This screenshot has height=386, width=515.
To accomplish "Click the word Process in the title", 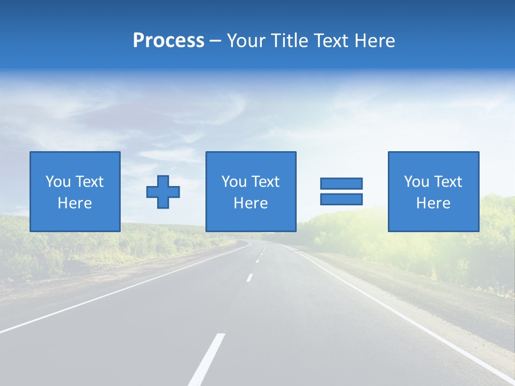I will [168, 41].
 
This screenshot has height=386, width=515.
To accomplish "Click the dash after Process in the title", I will [215, 41].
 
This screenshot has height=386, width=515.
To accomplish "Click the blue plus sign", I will [163, 192].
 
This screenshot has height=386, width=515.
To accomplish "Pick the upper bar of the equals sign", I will [341, 183].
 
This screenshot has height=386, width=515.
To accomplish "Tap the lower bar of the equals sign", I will [341, 199].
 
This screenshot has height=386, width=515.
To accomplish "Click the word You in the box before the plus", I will [57, 182].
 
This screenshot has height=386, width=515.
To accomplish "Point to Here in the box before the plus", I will [75, 203].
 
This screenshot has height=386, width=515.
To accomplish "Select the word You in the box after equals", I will [416, 182].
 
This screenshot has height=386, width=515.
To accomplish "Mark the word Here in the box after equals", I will [433, 203].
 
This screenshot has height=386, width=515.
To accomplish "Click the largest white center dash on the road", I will [207, 359].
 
